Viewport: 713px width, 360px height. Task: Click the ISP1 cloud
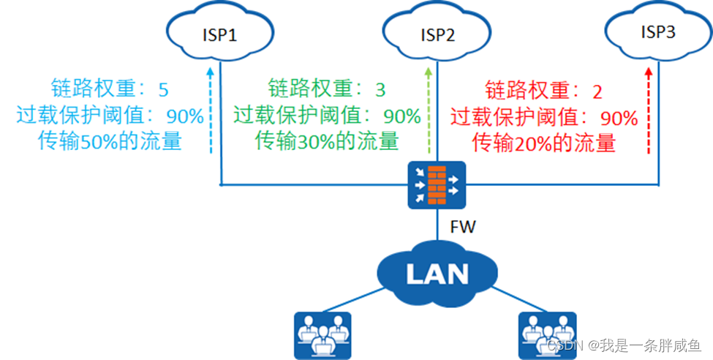point(219,34)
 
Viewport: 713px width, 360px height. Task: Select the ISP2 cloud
point(437,34)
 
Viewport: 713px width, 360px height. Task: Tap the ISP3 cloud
point(657,32)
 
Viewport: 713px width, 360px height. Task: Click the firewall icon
point(437,184)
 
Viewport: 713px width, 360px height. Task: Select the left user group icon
point(322,334)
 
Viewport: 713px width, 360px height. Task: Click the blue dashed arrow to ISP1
point(210,110)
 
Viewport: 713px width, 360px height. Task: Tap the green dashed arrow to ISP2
point(428,110)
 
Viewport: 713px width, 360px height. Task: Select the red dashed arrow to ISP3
point(648,110)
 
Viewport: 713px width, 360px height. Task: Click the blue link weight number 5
point(163,90)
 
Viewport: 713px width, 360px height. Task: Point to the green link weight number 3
point(380,90)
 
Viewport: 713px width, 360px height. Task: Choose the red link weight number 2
point(597,92)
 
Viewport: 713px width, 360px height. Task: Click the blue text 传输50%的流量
point(110,141)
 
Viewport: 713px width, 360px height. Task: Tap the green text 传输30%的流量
point(327,140)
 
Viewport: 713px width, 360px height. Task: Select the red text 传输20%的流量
point(544,142)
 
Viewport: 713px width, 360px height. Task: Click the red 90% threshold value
point(619,118)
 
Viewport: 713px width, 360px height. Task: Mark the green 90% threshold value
point(402,116)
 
